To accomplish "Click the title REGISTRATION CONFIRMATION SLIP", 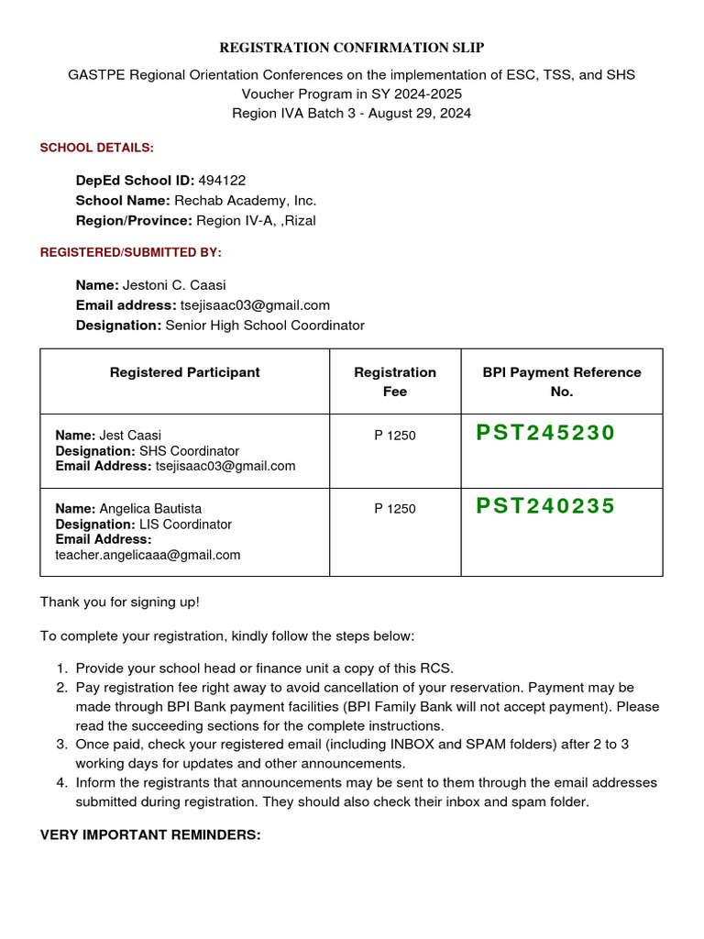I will [352, 48].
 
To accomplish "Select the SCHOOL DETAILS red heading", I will [97, 148].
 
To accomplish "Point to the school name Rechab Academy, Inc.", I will [246, 201].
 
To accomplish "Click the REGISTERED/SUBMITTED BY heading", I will [131, 252].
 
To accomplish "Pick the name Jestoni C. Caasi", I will [174, 285].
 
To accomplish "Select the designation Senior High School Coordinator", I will [265, 326].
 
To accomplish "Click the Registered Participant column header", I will [184, 372].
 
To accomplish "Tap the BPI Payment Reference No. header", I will [561, 381].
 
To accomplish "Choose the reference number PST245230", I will [545, 433].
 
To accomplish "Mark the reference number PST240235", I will [545, 506].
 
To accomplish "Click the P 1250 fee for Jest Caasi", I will [394, 436].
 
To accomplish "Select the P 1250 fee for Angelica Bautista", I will [394, 509].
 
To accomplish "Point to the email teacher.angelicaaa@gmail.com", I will [148, 555].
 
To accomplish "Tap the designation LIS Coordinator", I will [185, 525].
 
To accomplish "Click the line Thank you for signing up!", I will [120, 602].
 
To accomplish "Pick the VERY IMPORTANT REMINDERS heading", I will [150, 835].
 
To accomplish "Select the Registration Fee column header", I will [395, 381].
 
